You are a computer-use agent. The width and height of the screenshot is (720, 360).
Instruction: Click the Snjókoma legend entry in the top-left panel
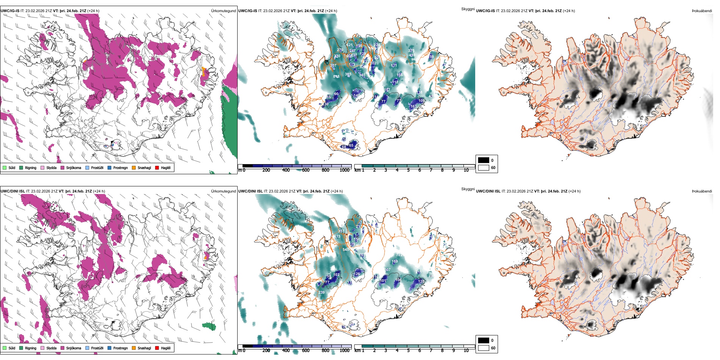74,167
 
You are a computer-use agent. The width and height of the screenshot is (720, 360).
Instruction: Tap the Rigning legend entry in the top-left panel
31,167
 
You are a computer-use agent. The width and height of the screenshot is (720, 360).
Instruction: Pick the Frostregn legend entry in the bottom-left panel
120,348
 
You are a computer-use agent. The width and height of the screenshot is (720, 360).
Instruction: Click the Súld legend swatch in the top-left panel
5,167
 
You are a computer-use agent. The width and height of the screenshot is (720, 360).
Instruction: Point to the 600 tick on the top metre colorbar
305,170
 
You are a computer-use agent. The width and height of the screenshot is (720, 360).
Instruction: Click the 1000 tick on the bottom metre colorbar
344,351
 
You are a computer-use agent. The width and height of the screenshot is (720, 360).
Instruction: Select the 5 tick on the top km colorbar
408,170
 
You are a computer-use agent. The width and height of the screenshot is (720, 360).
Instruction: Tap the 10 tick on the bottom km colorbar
466,351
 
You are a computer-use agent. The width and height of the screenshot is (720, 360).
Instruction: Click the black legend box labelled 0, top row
484,160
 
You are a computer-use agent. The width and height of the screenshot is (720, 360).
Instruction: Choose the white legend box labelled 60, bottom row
484,348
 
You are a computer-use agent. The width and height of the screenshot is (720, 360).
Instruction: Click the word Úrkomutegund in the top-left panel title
223,11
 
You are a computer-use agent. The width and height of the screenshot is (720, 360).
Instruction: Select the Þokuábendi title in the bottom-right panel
702,191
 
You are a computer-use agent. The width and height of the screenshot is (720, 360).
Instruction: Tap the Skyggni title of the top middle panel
468,9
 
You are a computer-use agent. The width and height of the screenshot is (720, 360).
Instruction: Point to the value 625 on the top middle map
349,45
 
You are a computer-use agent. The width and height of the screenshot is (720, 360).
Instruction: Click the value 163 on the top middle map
413,106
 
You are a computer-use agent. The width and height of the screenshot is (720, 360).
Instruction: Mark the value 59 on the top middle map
431,57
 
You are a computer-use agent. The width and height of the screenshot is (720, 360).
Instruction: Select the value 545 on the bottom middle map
346,250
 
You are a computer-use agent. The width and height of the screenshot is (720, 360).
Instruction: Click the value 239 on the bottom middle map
321,293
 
